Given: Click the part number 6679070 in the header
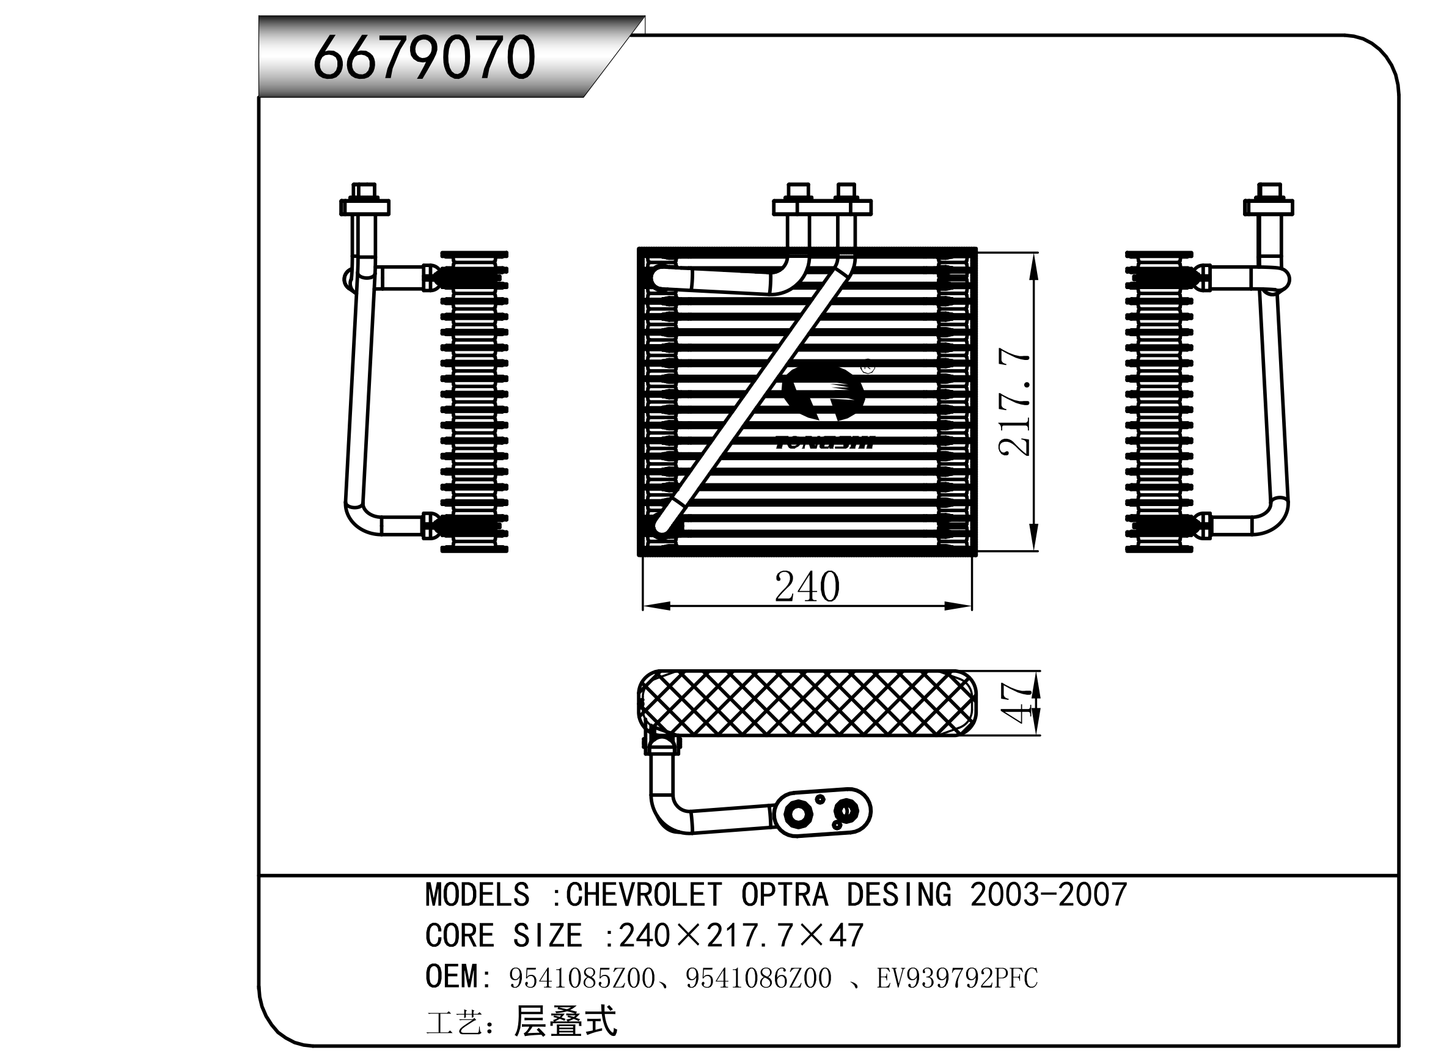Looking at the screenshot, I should tap(424, 58).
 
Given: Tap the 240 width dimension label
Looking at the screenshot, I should tap(807, 586).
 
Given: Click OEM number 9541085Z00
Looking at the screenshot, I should tap(582, 978).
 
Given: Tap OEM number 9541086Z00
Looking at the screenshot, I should tap(758, 978).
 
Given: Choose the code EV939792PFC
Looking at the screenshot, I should tap(957, 978).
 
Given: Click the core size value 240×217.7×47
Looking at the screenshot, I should tap(741, 936).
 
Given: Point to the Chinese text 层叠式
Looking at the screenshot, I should tap(565, 1021).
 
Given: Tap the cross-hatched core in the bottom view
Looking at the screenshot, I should tap(807, 703).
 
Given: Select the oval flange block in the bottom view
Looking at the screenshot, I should tap(823, 812).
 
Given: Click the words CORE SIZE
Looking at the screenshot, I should tap(504, 936).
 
